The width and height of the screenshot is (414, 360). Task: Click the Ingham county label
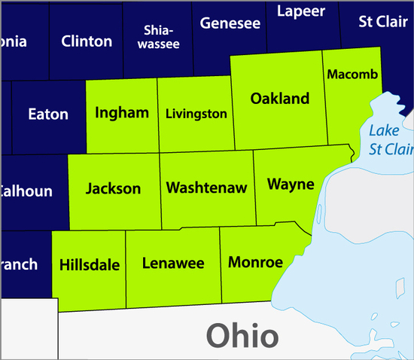pyautogui.click(x=122, y=114)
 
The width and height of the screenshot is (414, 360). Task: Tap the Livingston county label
pyautogui.click(x=196, y=114)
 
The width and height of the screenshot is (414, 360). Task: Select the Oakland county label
pyautogui.click(x=280, y=99)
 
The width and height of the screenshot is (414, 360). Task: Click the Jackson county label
pyautogui.click(x=113, y=188)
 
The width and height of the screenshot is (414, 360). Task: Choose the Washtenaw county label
pyautogui.click(x=206, y=188)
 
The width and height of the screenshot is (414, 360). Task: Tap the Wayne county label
pyautogui.click(x=291, y=185)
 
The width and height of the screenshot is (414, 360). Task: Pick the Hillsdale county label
pyautogui.click(x=90, y=265)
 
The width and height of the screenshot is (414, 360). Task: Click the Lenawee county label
pyautogui.click(x=173, y=264)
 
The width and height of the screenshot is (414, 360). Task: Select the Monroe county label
pyautogui.click(x=255, y=262)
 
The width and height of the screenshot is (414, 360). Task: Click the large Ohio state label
pyautogui.click(x=242, y=335)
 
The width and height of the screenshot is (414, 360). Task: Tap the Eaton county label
pyautogui.click(x=47, y=114)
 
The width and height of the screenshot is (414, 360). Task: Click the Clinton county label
pyautogui.click(x=87, y=41)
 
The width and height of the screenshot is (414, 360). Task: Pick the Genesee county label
pyautogui.click(x=230, y=23)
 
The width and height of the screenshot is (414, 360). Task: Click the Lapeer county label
pyautogui.click(x=301, y=11)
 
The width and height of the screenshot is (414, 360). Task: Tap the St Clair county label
pyautogui.click(x=382, y=21)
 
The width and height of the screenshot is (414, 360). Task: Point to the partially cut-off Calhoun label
pyautogui.click(x=26, y=191)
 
